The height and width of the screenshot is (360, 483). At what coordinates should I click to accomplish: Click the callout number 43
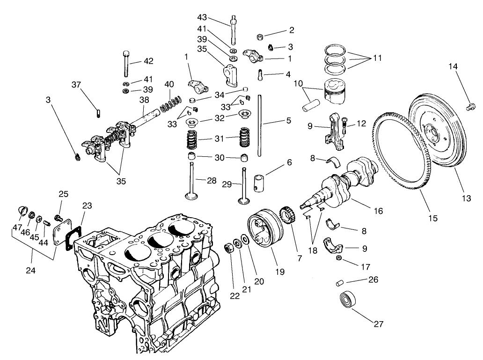(202, 17)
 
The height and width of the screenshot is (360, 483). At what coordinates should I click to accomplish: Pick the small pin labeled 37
(98, 113)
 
